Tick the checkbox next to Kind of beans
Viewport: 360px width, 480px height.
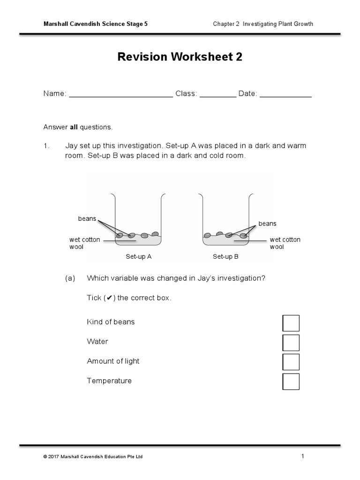[291, 323]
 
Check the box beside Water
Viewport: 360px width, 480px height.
[291, 343]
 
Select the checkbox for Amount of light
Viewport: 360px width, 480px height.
[291, 362]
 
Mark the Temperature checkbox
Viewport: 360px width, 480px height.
[291, 382]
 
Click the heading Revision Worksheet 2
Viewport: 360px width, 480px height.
[180, 57]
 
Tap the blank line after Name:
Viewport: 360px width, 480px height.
[121, 95]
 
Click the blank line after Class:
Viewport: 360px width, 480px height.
[218, 95]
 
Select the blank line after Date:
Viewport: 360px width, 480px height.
[285, 95]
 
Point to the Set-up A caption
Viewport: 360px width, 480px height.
[138, 257]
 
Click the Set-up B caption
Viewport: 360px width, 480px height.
[225, 257]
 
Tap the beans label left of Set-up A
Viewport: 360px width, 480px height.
[87, 219]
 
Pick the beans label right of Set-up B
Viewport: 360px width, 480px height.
[267, 224]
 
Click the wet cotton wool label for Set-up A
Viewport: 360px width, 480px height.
[84, 243]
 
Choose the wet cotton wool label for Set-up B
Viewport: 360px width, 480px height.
[285, 243]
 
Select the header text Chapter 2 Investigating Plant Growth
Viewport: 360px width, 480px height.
[262, 24]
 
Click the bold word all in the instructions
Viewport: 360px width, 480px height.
[74, 127]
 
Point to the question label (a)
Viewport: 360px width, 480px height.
[70, 278]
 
